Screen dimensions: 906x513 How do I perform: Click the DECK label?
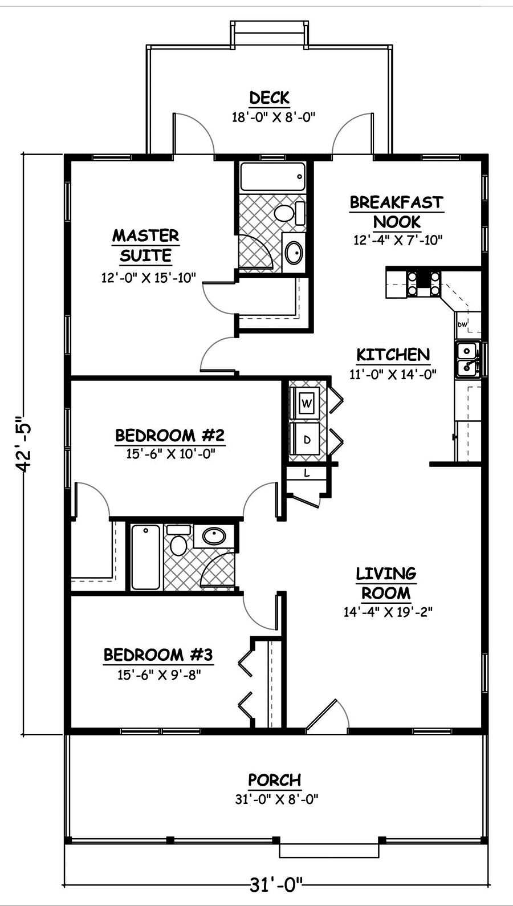point(269,98)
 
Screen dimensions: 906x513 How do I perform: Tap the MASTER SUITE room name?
point(145,245)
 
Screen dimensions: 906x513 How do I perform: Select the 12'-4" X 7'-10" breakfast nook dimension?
point(397,240)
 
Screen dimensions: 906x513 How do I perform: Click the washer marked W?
point(307,403)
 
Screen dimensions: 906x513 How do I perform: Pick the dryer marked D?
point(307,439)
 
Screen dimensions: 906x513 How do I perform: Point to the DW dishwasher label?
point(462,325)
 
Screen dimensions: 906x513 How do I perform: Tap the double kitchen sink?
point(467,359)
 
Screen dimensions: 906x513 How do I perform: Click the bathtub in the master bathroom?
point(272,177)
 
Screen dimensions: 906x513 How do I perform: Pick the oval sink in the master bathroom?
point(295,253)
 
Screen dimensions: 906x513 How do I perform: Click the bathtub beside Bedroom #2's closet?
point(146,557)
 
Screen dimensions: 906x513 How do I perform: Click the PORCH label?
point(274,779)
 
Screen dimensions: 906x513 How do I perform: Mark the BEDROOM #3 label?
point(158,654)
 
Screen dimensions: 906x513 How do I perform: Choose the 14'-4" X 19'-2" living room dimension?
point(388,612)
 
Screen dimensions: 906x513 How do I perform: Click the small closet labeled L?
point(307,473)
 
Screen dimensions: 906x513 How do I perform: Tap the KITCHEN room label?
point(393,355)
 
